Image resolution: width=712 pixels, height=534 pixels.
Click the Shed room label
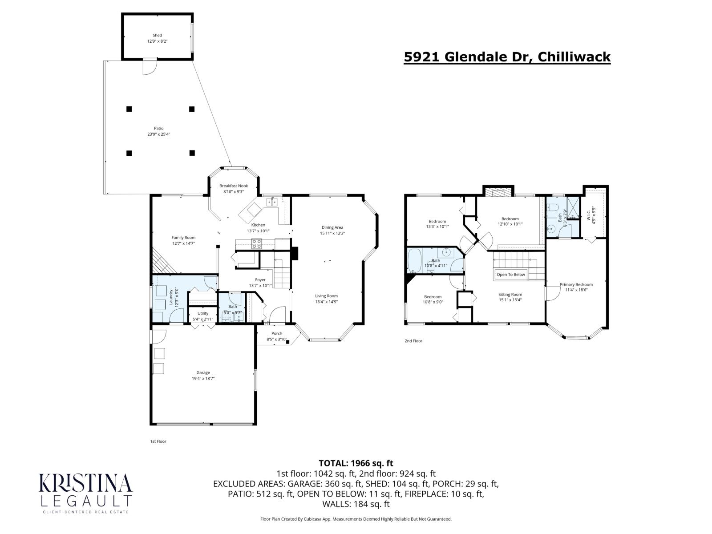pos(157,35)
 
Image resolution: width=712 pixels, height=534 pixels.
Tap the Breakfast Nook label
pos(234,186)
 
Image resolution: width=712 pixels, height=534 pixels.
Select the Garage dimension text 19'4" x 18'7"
pos(203,378)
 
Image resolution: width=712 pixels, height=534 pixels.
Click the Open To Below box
pos(510,275)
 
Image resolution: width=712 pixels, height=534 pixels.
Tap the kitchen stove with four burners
pos(257,243)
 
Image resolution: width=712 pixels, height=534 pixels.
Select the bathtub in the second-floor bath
pos(414,260)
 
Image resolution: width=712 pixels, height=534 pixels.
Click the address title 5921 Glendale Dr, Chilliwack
pos(507,57)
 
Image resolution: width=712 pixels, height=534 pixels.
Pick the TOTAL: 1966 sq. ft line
pos(356,463)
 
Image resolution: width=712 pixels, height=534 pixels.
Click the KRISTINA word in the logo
pos(86,483)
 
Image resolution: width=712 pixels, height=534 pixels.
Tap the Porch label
pos(277,333)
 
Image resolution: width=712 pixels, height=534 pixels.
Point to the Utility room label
pos(203,313)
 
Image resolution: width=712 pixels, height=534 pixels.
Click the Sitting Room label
pos(510,295)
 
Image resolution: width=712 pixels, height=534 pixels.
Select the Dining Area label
pos(332,227)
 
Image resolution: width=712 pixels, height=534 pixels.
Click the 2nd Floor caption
pos(413,341)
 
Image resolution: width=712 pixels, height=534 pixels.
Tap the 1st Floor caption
pos(158,441)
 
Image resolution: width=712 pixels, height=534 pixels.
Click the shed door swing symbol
pos(149,68)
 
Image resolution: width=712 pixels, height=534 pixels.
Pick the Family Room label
pos(183,238)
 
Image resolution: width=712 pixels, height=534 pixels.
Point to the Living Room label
pos(326,296)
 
